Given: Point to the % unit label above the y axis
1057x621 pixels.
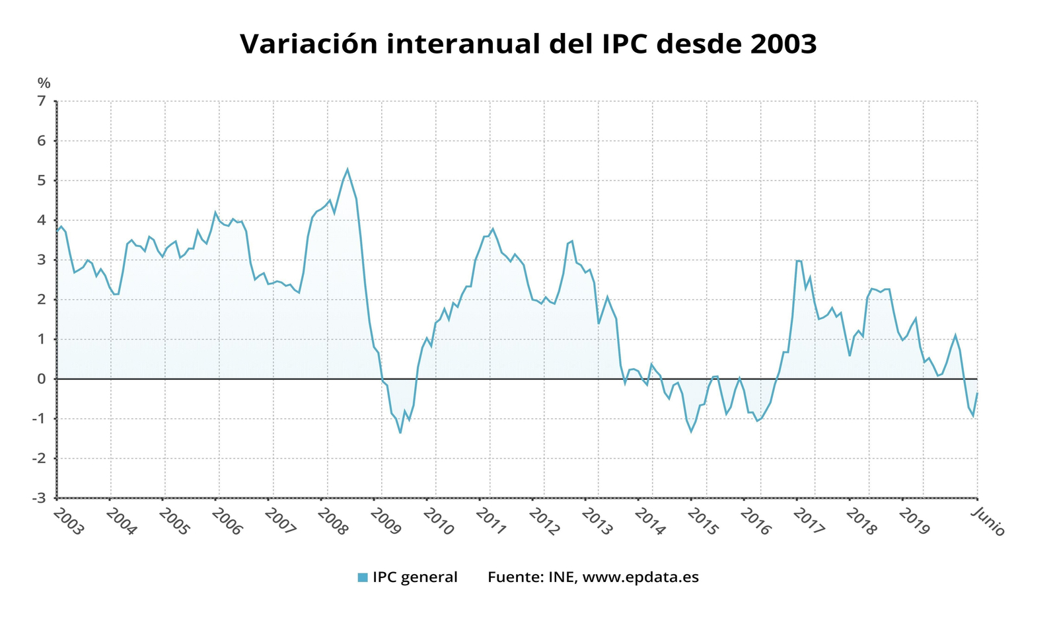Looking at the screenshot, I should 44,83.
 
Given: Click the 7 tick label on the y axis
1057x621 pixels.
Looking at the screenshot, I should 42,101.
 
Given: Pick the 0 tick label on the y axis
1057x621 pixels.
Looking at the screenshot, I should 42,379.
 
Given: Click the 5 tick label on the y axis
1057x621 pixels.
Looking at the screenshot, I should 42,180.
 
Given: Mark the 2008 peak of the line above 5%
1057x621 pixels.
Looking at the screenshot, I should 347,169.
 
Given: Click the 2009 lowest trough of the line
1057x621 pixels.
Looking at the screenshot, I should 400,433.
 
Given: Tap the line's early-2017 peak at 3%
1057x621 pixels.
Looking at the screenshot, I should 797,260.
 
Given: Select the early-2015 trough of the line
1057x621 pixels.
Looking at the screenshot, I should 691,431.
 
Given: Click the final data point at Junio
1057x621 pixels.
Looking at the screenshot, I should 977,393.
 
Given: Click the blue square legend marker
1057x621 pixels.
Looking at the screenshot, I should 362,577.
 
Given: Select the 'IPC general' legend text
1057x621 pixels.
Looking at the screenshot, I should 414,577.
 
